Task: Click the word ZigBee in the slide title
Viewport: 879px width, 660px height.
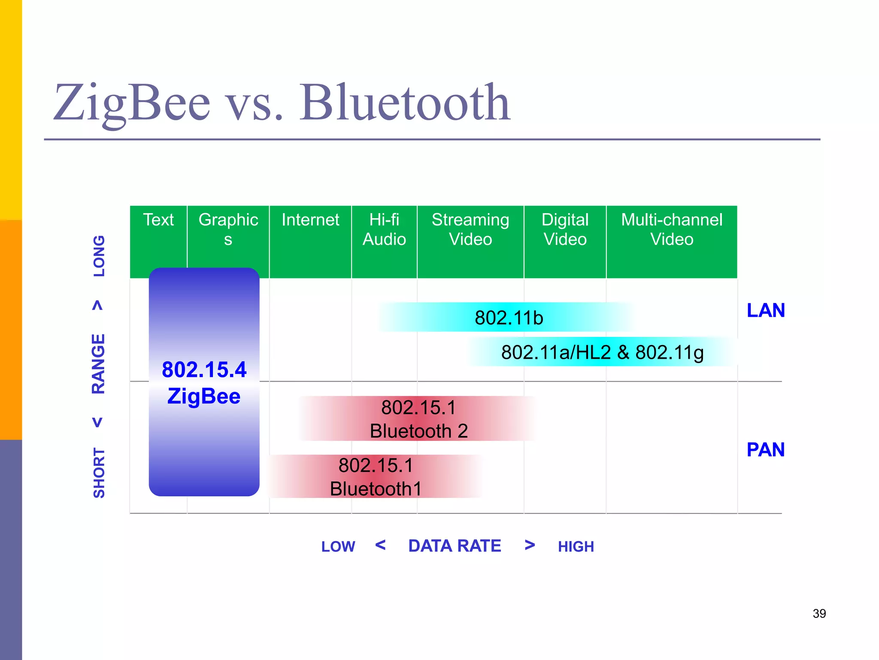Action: (x=131, y=103)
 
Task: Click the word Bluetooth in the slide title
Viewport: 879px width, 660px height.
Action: (x=405, y=103)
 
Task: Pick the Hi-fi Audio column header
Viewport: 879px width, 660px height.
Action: (x=384, y=230)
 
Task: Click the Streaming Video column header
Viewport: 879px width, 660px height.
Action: (x=470, y=230)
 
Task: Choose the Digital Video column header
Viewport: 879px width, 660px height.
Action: (x=565, y=230)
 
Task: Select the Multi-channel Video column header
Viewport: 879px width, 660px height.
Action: (x=672, y=230)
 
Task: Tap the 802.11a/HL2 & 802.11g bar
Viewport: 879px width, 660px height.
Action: (x=602, y=352)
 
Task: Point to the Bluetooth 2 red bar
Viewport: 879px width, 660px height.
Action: (x=418, y=419)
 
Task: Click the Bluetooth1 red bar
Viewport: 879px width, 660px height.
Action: (x=376, y=477)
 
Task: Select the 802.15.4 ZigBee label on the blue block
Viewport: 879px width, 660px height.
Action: (x=204, y=382)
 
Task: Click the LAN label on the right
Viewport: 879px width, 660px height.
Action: (x=766, y=310)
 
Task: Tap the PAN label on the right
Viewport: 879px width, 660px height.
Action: (x=766, y=450)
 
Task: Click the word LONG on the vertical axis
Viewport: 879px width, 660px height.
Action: (x=99, y=256)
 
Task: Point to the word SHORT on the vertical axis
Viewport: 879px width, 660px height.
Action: (x=99, y=473)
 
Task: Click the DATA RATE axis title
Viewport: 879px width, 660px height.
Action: (x=455, y=546)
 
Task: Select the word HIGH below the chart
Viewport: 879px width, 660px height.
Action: (x=576, y=547)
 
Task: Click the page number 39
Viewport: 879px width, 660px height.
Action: (x=819, y=614)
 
